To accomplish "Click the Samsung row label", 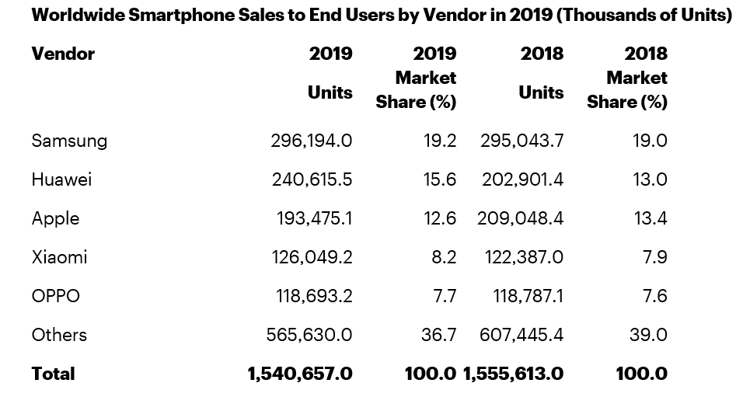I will (x=69, y=141).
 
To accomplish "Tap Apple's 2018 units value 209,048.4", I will (x=520, y=218).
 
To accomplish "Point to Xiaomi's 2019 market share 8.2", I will (x=442, y=257).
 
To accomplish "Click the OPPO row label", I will (x=55, y=296).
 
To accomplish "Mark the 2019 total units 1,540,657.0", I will (x=300, y=374).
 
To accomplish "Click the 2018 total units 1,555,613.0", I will (x=513, y=374).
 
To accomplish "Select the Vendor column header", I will (x=63, y=54).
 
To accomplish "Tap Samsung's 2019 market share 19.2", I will (x=439, y=141).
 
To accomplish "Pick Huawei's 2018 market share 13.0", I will (x=651, y=179).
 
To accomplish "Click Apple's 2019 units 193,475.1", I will (x=314, y=218).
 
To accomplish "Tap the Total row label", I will (x=54, y=374).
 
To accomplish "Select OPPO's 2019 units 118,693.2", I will (x=314, y=296).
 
